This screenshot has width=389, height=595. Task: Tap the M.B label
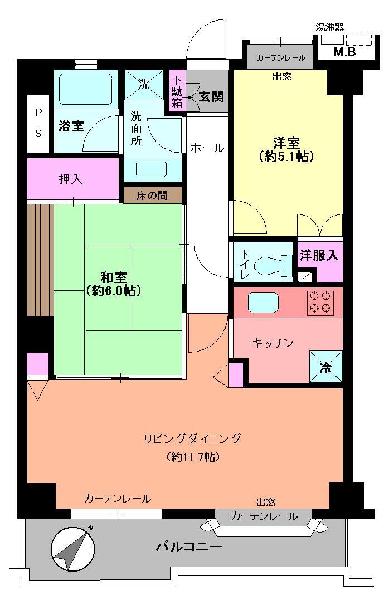[x=344, y=52]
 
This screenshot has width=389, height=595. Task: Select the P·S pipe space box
[x=39, y=124]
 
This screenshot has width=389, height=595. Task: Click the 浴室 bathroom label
[x=71, y=126]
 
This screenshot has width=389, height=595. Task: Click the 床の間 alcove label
[x=153, y=196]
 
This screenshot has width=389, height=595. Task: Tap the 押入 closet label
[x=71, y=179]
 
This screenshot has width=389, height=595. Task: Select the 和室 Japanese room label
[x=113, y=283]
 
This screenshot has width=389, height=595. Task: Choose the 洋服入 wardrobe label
[x=319, y=256]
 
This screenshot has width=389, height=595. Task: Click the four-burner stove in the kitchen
[x=319, y=303]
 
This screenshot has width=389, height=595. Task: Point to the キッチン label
[x=273, y=343]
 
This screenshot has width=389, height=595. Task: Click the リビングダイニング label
[x=192, y=438]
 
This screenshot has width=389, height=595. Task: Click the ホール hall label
[x=207, y=148]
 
